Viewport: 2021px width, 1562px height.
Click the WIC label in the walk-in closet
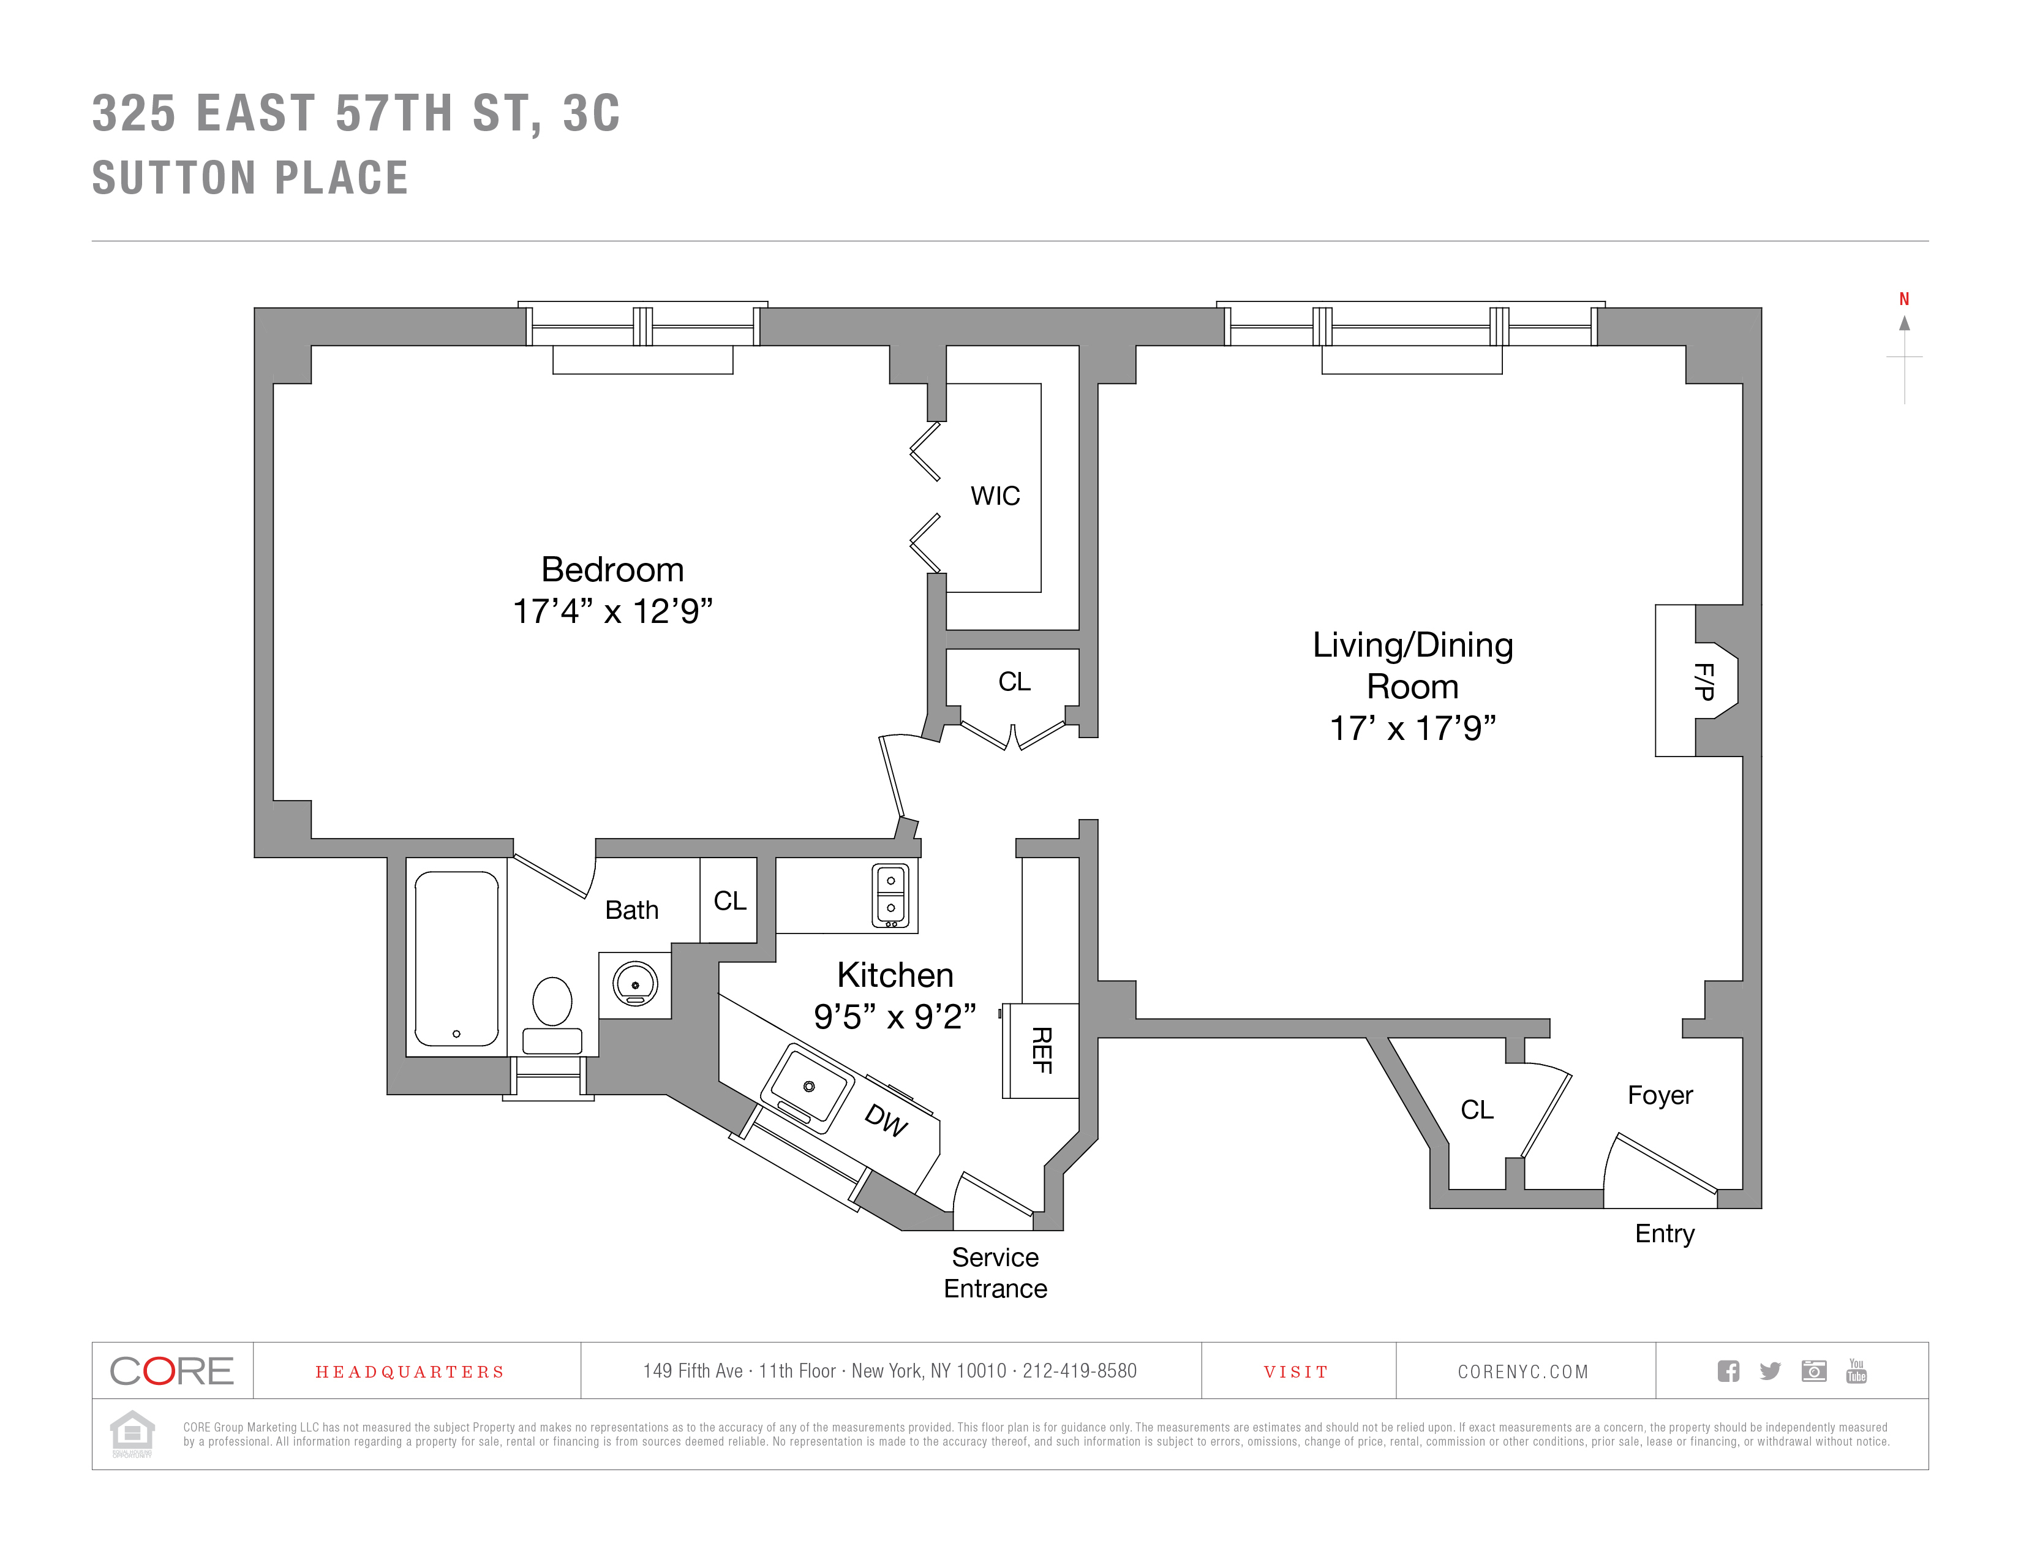click(995, 496)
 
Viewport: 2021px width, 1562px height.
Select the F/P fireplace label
click(1704, 681)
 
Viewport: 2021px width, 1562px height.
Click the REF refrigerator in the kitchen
click(1042, 1051)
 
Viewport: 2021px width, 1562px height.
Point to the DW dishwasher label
click(886, 1120)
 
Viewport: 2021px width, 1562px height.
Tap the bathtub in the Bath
click(456, 959)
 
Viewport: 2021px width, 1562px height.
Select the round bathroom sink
click(635, 984)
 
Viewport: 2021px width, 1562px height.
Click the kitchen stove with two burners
click(891, 895)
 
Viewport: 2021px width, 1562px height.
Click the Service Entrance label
click(996, 1272)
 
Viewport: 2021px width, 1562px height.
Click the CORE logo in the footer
click(172, 1370)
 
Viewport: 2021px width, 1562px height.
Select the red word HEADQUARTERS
click(410, 1371)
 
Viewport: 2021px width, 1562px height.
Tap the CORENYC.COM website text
click(1523, 1371)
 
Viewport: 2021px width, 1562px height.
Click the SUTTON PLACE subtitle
click(250, 178)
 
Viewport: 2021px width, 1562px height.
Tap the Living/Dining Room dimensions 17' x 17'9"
click(1412, 728)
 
